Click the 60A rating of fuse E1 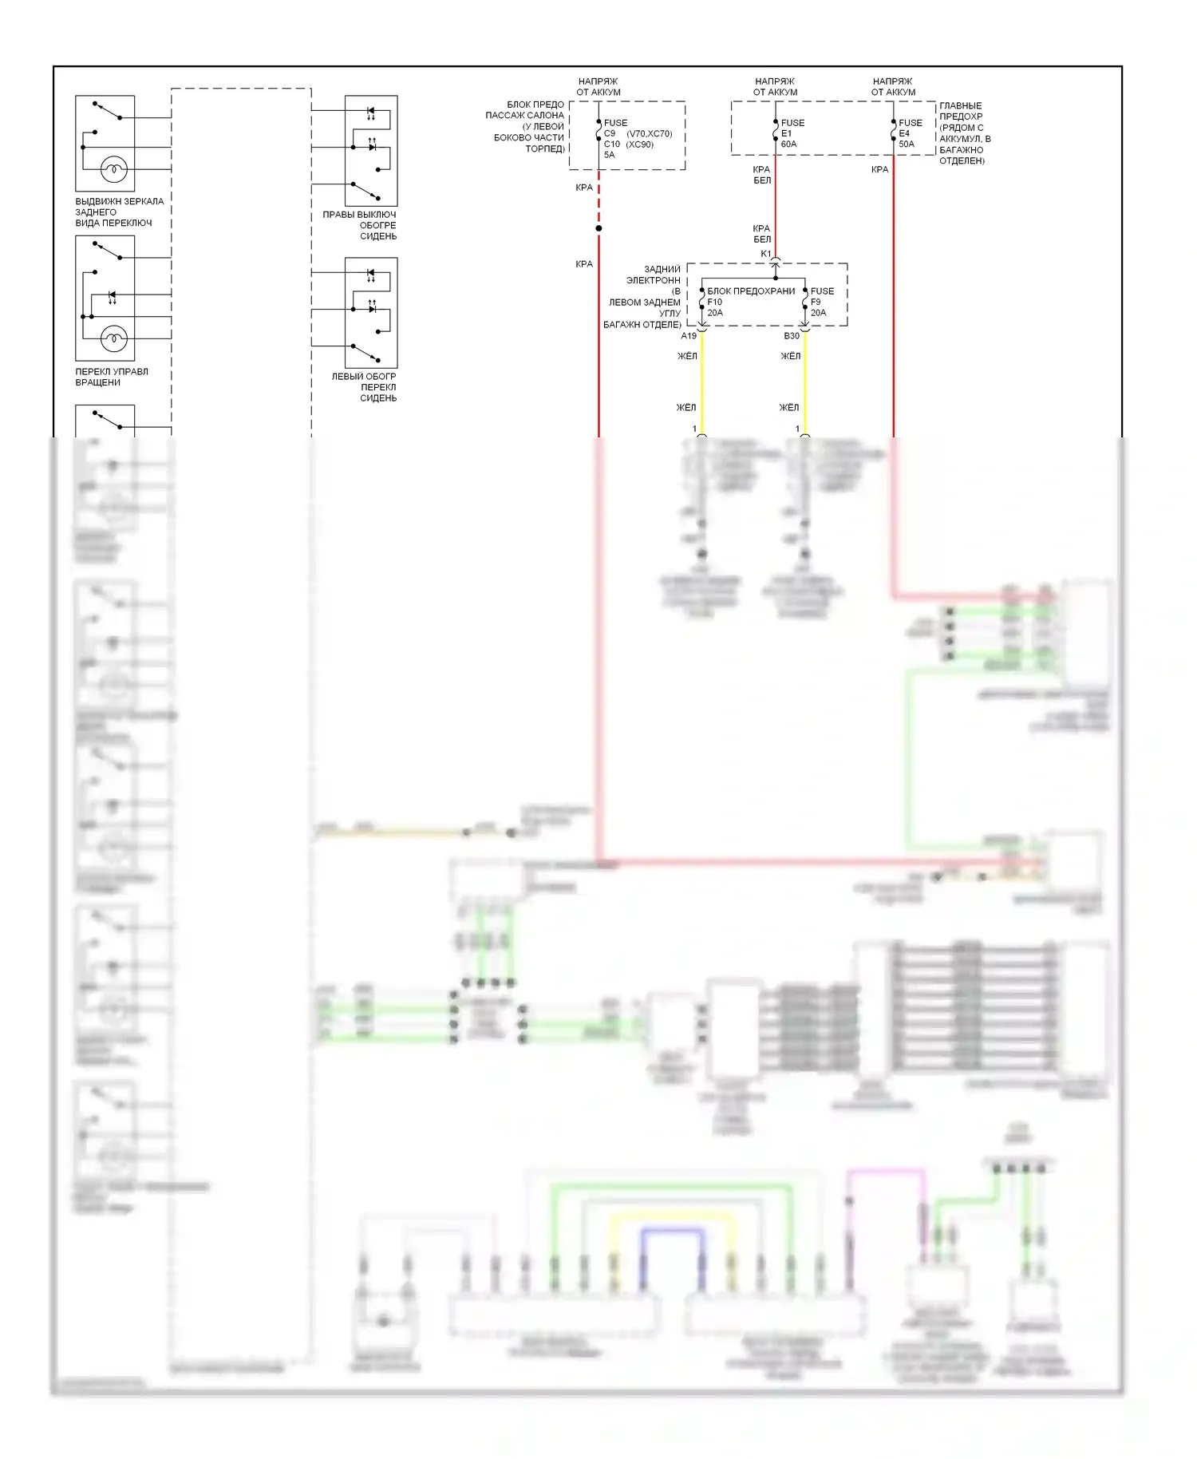click(x=788, y=144)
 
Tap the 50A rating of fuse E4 click(x=907, y=144)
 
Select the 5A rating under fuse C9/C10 click(x=610, y=155)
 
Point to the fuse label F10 click(x=714, y=302)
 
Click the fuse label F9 click(x=816, y=302)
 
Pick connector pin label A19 click(x=689, y=336)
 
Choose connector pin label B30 click(x=792, y=336)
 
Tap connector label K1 click(x=766, y=254)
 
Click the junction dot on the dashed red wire click(x=598, y=228)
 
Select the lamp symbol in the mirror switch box click(x=113, y=169)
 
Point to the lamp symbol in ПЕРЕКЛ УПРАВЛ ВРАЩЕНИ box click(x=113, y=338)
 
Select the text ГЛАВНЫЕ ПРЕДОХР click(x=961, y=111)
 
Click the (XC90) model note click(x=639, y=144)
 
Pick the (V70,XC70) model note click(x=650, y=134)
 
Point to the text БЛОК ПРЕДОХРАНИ click(x=751, y=291)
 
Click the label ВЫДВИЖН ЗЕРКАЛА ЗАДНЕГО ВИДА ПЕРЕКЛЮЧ click(x=119, y=212)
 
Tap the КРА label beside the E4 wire click(x=879, y=169)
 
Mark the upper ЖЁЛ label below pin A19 click(x=687, y=356)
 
